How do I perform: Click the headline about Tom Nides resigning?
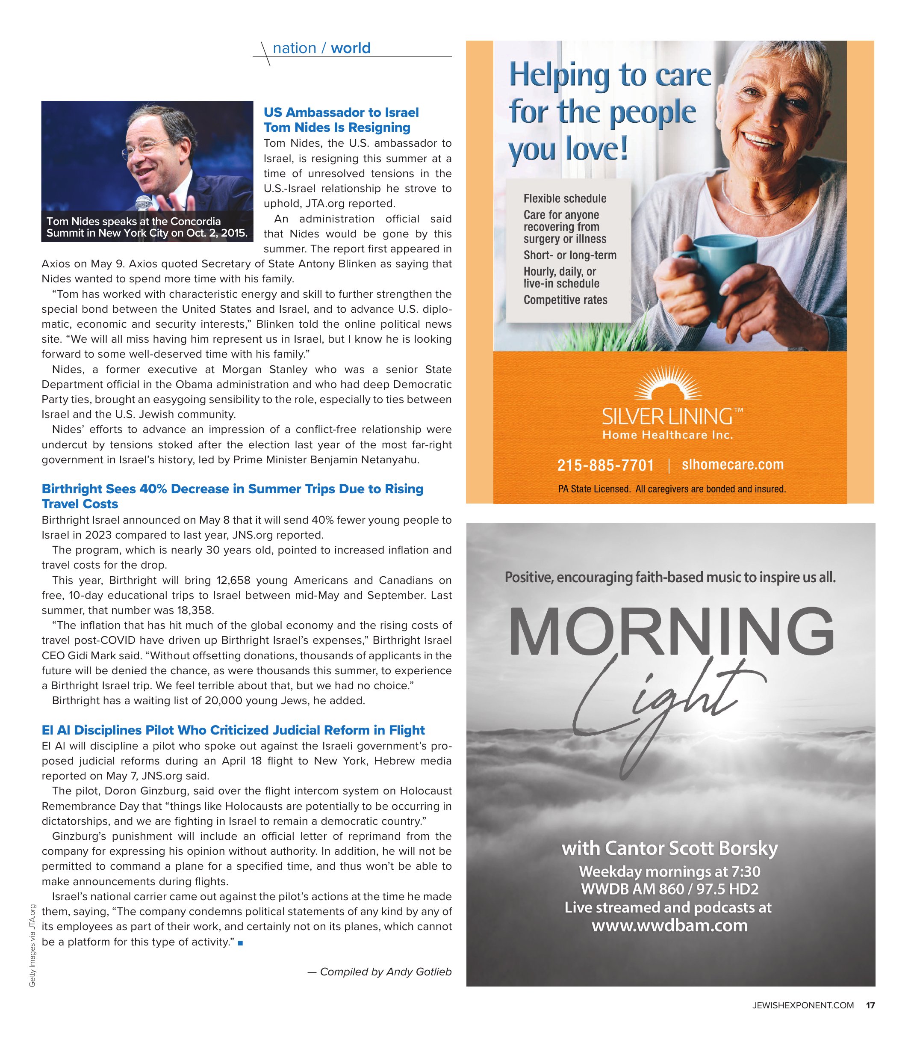pyautogui.click(x=341, y=120)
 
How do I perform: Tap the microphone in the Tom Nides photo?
pyautogui.click(x=144, y=203)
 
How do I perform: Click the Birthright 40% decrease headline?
pyautogui.click(x=232, y=496)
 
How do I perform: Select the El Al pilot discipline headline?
pyautogui.click(x=233, y=730)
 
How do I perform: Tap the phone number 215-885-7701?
pyautogui.click(x=605, y=465)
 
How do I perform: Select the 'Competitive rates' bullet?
pyautogui.click(x=565, y=300)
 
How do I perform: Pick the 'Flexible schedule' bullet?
pyautogui.click(x=565, y=199)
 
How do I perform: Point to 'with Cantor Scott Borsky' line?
pyautogui.click(x=669, y=848)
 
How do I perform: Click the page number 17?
pyautogui.click(x=870, y=1005)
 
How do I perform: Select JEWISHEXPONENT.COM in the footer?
pyautogui.click(x=802, y=1005)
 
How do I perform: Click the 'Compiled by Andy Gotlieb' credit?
pyautogui.click(x=380, y=972)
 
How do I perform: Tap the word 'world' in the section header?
pyautogui.click(x=351, y=48)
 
